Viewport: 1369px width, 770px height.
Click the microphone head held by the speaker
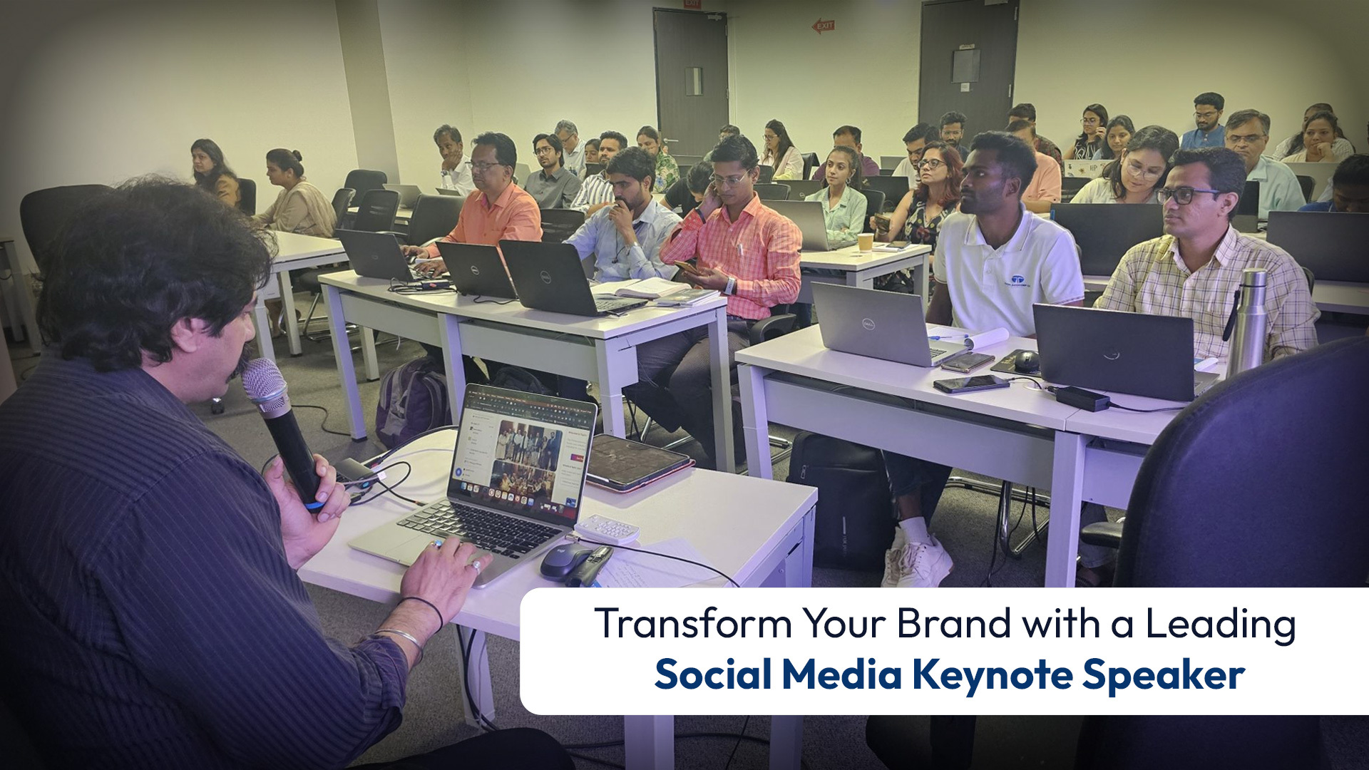(263, 384)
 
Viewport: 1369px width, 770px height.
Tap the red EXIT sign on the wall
(823, 26)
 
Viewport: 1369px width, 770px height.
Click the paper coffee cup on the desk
(865, 242)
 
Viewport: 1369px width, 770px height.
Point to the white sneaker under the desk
(920, 560)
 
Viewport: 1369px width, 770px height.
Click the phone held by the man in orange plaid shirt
(687, 268)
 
